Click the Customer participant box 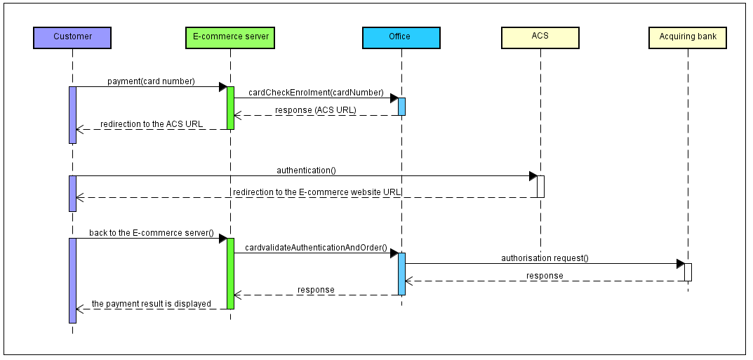pos(72,37)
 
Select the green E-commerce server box pos(230,37)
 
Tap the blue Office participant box pos(401,37)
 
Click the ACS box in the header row pos(540,37)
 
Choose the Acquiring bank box pos(687,37)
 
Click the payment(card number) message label pos(151,81)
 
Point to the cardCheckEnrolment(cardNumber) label pos(316,93)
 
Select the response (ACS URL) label pos(315,110)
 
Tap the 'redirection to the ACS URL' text pos(152,124)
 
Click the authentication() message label pos(306,171)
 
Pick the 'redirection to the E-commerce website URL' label pos(317,192)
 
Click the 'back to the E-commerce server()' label pos(152,233)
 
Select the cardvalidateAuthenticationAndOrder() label pos(316,248)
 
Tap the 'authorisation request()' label pos(545,258)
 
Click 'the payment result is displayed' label pos(152,305)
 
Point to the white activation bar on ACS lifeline pos(540,187)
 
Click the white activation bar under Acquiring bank pos(688,272)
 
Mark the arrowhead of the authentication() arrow pos(533,176)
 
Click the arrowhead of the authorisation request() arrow pos(680,264)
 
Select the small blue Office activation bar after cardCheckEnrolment pos(401,107)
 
